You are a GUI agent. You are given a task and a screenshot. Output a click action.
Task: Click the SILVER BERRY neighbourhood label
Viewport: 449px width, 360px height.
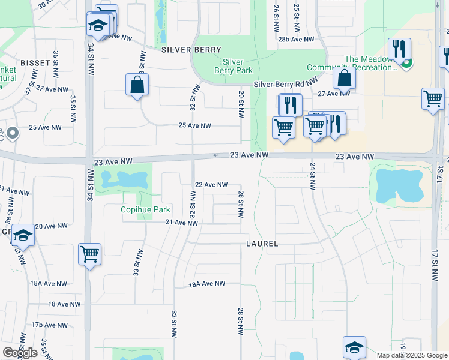[191, 50]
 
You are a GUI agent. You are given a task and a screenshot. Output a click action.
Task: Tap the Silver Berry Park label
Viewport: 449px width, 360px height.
[233, 66]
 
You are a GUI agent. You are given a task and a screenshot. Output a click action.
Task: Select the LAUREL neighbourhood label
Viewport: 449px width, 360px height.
[262, 244]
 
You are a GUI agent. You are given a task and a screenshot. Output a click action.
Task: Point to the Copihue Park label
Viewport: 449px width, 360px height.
[146, 210]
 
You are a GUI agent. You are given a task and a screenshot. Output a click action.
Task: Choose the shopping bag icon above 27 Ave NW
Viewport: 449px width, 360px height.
[345, 78]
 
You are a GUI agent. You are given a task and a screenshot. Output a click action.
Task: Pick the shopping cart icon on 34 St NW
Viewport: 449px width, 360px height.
[89, 254]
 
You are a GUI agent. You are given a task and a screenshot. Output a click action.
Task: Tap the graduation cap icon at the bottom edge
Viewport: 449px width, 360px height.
[354, 347]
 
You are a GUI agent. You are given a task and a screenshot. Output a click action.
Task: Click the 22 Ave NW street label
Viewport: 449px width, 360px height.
[211, 185]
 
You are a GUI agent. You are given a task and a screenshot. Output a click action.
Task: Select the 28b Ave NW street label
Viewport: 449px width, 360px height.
[297, 39]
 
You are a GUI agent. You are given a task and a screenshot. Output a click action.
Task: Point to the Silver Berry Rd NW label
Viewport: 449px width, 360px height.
[285, 85]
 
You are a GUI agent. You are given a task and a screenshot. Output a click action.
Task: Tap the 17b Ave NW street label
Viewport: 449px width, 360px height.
[49, 325]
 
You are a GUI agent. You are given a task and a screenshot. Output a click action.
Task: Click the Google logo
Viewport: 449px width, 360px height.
[20, 353]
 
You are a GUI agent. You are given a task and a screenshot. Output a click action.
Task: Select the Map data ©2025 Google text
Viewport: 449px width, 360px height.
[411, 355]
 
